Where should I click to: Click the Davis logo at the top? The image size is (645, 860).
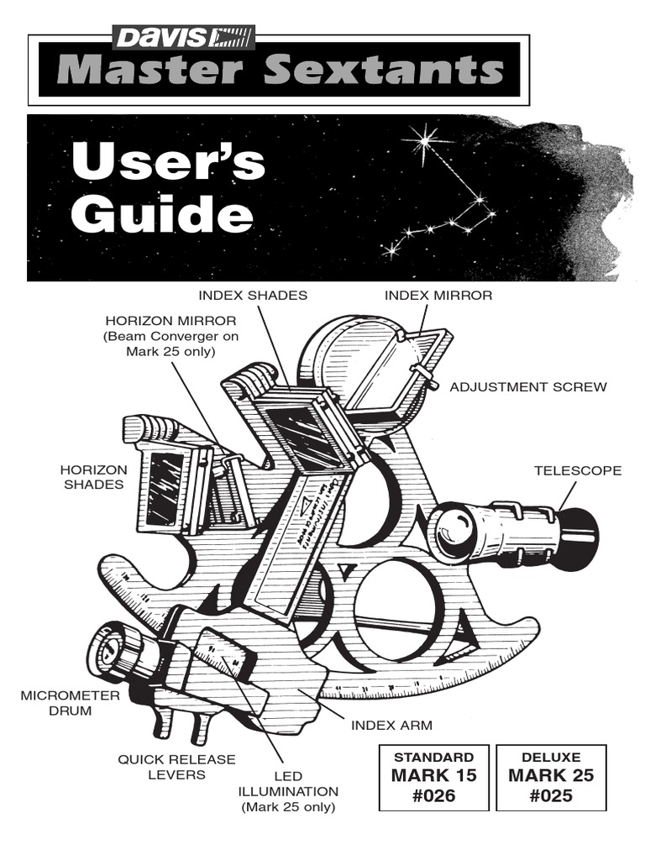click(183, 38)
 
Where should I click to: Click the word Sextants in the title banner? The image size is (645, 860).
click(383, 70)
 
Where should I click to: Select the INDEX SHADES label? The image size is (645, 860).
click(253, 295)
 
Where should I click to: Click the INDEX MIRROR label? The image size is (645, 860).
click(438, 295)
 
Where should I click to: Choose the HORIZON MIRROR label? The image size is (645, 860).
click(170, 321)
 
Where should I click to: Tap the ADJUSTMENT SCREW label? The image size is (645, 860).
click(528, 387)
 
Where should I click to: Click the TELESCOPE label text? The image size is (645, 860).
click(578, 470)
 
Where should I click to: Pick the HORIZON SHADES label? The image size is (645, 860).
click(94, 477)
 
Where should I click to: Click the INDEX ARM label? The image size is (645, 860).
click(391, 724)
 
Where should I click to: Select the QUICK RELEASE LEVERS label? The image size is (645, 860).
click(176, 767)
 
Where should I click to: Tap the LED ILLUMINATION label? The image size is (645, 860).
click(288, 791)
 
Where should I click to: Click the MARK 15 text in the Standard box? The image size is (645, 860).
click(433, 775)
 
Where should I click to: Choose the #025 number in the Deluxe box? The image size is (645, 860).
click(551, 795)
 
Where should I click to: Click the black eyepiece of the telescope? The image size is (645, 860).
click(579, 530)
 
